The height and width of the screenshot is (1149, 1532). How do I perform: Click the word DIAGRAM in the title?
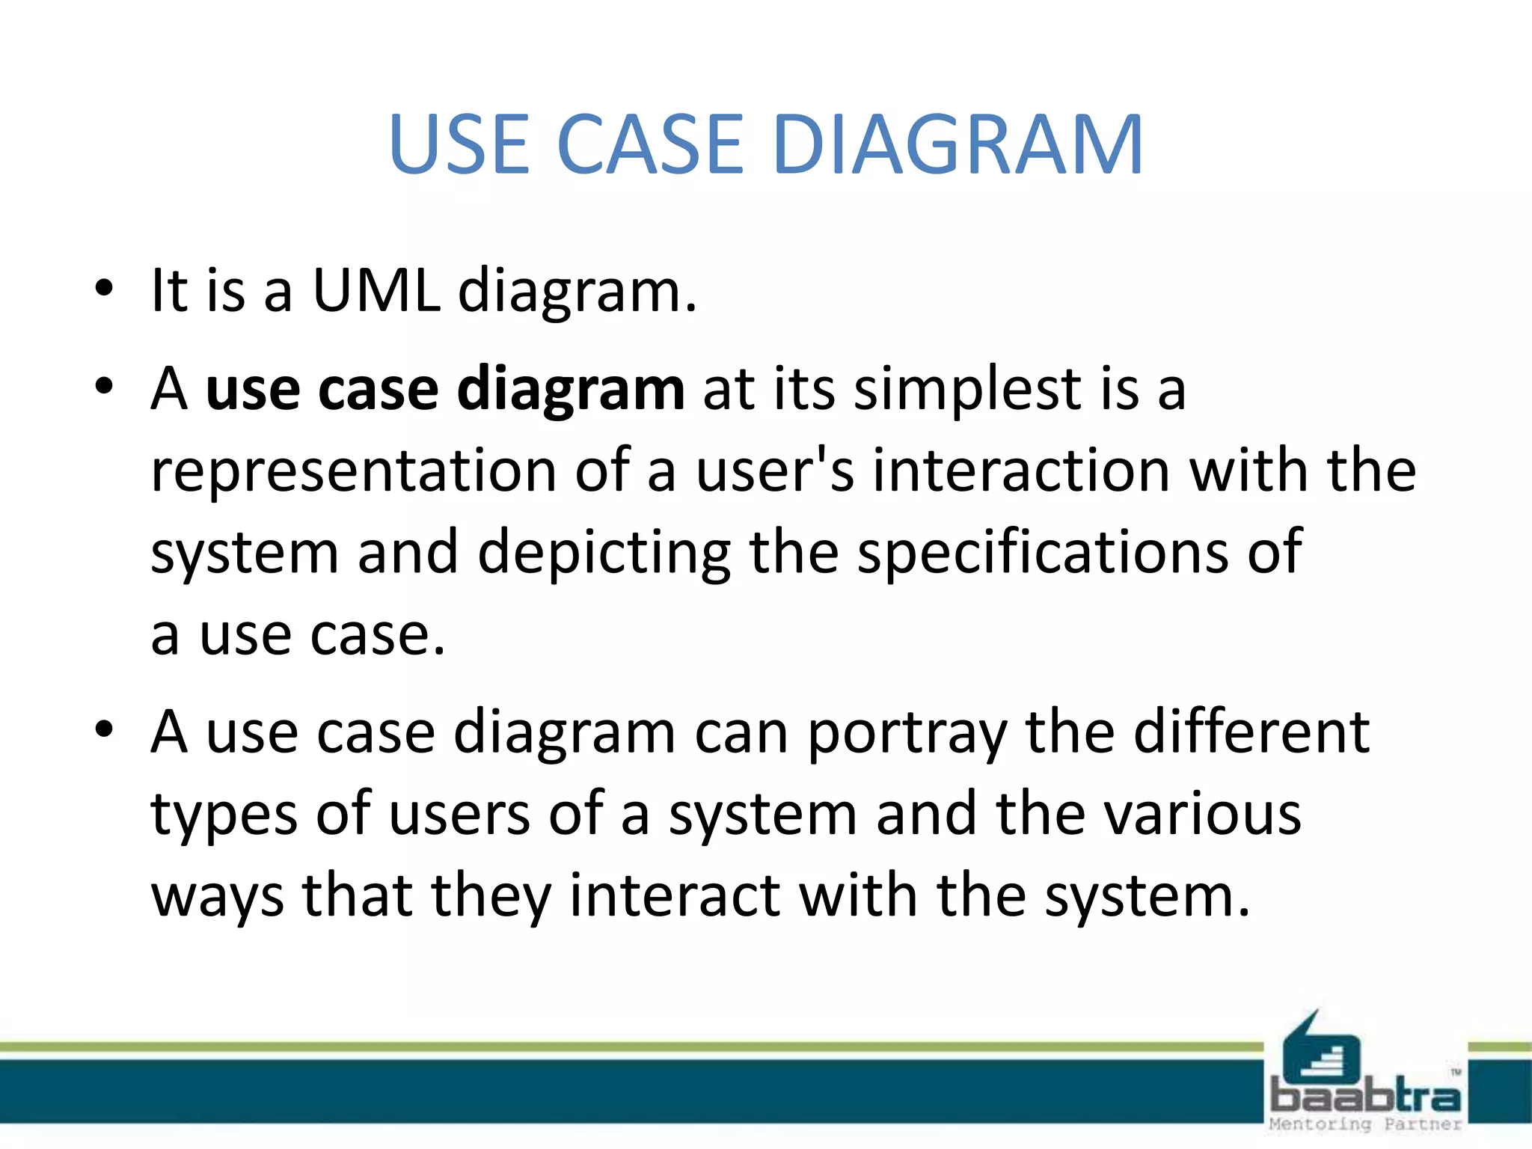[958, 144]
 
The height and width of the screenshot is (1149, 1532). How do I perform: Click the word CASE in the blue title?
[649, 144]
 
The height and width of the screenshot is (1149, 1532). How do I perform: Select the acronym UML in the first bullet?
[376, 290]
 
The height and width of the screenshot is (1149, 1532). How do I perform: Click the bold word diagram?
[570, 390]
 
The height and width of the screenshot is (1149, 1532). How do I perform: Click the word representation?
[353, 471]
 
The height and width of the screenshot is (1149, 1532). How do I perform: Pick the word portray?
[907, 733]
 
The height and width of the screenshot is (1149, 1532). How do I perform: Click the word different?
[1251, 733]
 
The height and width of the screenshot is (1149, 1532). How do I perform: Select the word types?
[224, 815]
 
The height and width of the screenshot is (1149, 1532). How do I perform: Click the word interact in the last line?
[675, 896]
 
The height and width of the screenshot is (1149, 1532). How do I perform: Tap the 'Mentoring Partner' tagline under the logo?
[1365, 1124]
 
